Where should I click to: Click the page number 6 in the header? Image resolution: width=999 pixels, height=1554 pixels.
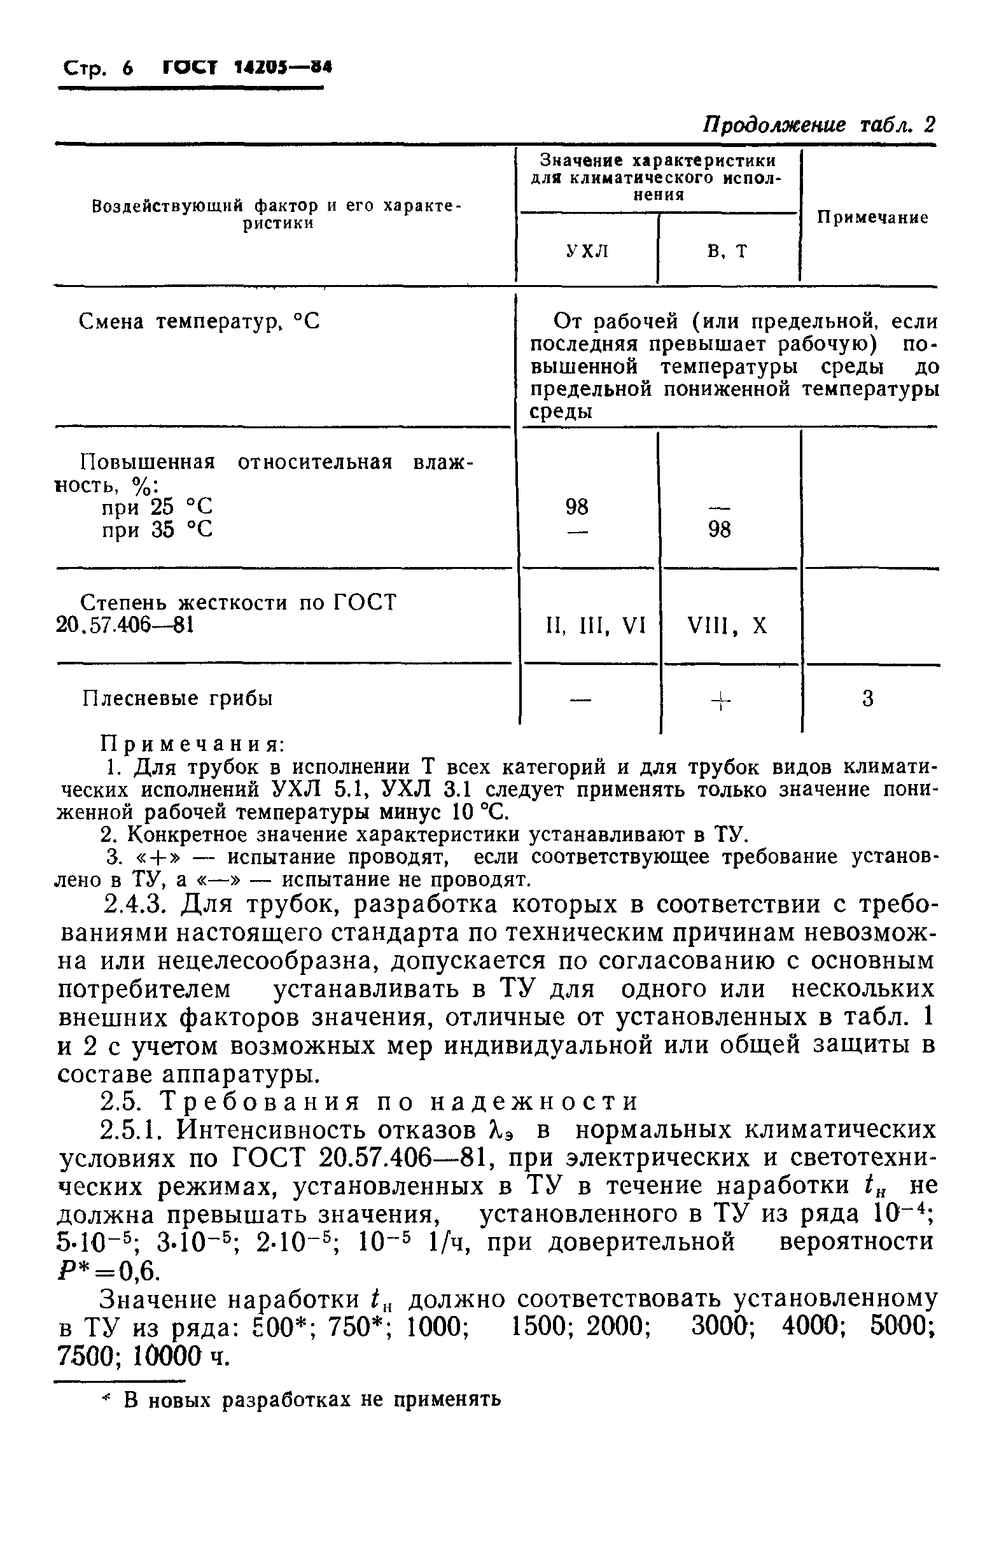point(126,67)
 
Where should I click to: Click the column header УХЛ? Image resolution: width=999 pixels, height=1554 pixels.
point(587,250)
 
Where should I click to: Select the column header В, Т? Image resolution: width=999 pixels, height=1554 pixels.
point(727,250)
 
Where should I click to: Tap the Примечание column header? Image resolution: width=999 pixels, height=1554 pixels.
point(872,218)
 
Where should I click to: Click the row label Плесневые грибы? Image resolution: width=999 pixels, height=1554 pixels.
point(178,699)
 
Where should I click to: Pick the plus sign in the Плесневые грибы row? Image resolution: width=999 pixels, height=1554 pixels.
point(720,701)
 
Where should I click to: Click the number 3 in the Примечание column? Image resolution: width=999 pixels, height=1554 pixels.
point(868,699)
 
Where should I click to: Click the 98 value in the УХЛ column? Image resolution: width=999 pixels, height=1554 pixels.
point(576,507)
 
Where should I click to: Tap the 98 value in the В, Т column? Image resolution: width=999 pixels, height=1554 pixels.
point(720,531)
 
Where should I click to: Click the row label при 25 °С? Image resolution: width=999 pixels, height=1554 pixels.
point(157,507)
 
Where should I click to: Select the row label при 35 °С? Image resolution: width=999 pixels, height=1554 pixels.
point(157,531)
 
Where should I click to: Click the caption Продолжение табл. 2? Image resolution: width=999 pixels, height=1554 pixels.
point(820,125)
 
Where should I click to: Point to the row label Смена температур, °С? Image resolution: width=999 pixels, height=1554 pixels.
point(199,322)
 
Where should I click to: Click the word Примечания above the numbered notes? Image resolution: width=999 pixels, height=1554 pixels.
point(193,743)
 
